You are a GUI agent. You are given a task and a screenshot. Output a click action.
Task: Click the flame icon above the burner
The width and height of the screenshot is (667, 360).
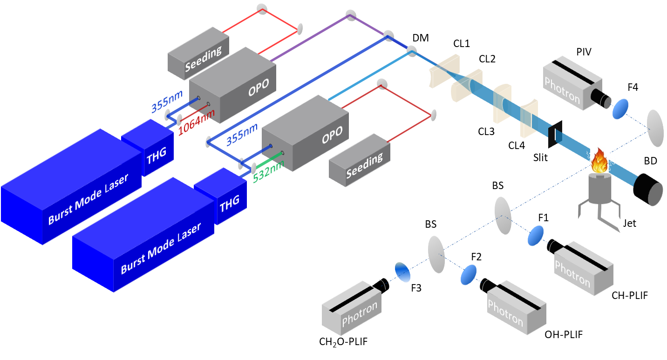pyautogui.click(x=599, y=161)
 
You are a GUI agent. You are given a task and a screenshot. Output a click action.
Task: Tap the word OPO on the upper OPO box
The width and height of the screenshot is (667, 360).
pyautogui.click(x=258, y=90)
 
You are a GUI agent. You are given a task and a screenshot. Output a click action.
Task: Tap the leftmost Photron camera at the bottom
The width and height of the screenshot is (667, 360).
pyautogui.click(x=353, y=308)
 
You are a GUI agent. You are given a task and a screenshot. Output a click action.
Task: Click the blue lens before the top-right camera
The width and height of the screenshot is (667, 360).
pyautogui.click(x=619, y=109)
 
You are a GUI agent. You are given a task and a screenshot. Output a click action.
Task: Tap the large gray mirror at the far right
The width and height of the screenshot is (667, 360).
pyautogui.click(x=655, y=128)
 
